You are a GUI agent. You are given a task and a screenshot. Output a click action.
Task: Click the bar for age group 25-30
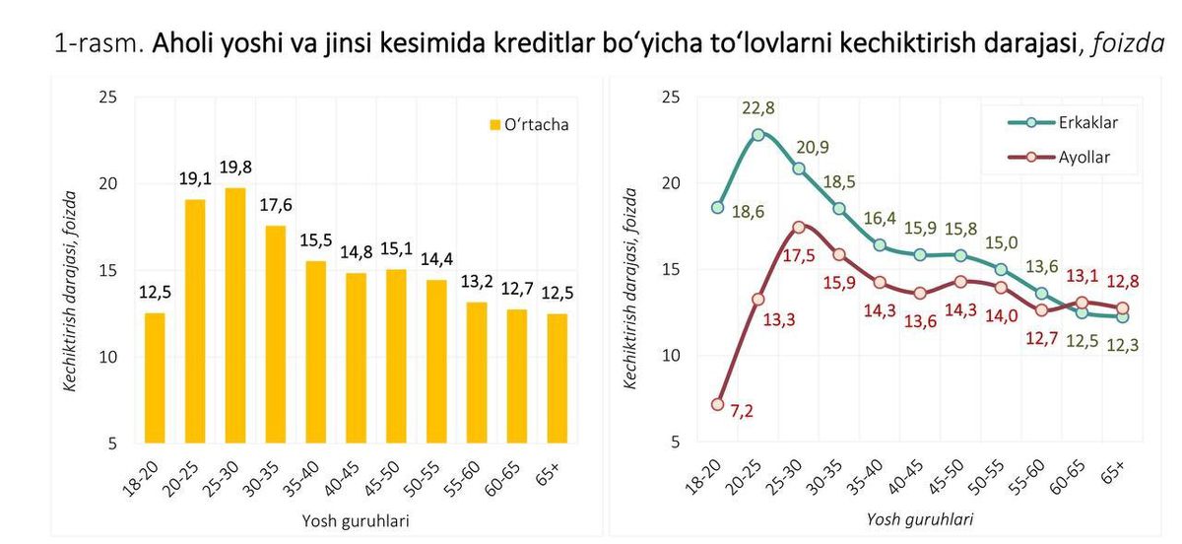coord(234,315)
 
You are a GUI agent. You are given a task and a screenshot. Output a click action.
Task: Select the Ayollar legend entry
coord(1063,156)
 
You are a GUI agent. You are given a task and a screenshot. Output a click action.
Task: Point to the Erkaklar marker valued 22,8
coord(757,135)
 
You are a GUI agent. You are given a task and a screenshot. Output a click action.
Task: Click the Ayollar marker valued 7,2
coord(717,404)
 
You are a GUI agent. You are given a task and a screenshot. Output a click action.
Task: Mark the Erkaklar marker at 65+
coord(1122,316)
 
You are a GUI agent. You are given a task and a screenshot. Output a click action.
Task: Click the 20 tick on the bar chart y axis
coord(107,184)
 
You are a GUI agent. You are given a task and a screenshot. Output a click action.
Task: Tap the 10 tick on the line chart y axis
coord(670,356)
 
